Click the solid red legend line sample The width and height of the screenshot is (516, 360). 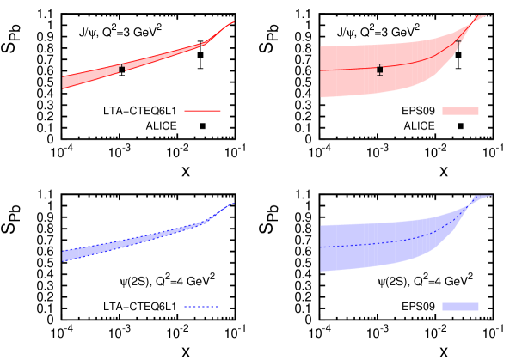click(202, 111)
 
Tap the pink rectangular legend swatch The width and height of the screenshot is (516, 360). click(460, 111)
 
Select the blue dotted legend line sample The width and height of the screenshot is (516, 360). click(200, 307)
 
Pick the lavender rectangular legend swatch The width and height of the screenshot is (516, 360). click(460, 307)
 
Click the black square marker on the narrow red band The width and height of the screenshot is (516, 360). click(121, 69)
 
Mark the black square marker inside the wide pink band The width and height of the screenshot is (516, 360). click(379, 70)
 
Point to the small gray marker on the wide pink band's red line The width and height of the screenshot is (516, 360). click(458, 44)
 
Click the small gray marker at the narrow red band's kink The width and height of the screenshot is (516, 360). click(201, 44)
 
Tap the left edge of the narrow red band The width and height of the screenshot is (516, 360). click(63, 82)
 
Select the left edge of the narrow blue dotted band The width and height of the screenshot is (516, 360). click(63, 255)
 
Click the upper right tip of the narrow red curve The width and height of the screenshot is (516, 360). click(233, 22)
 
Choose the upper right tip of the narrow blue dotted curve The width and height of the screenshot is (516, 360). click(233, 204)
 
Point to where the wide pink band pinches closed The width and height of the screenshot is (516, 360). click(471, 25)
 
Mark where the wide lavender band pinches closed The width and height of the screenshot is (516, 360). click(472, 203)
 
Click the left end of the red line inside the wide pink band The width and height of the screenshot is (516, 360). click(321, 70)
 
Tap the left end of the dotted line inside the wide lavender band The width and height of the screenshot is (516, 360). click(321, 247)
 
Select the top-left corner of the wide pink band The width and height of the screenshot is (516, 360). click(321, 46)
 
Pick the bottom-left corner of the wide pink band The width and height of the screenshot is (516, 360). click(321, 97)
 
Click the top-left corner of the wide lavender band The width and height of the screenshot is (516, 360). click(321, 226)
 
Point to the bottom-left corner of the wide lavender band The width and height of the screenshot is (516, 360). click(321, 272)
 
